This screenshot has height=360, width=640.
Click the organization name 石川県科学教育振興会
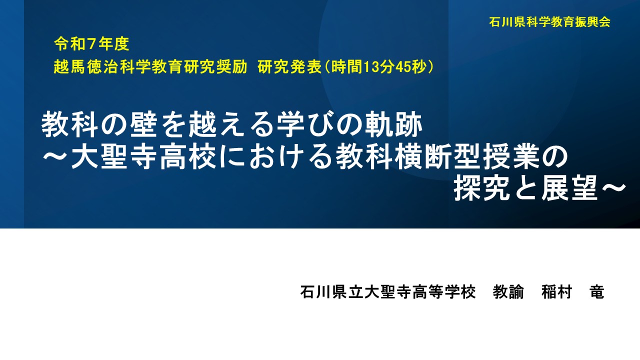coord(550,22)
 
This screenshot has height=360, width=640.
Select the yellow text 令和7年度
coord(92,44)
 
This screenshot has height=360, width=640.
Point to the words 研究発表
coord(289,67)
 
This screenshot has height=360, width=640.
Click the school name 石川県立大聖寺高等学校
coord(387,292)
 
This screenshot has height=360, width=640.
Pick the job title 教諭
coord(508,292)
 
